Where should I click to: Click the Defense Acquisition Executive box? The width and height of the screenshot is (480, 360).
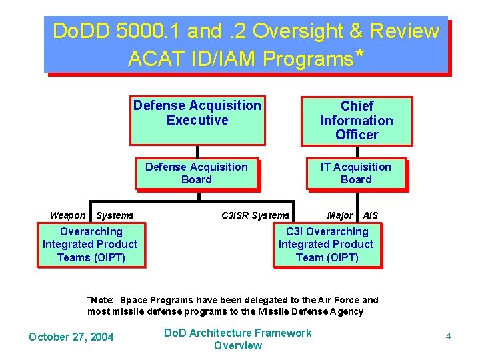pyautogui.click(x=197, y=119)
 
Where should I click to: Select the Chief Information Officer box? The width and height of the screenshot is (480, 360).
pyautogui.click(x=356, y=121)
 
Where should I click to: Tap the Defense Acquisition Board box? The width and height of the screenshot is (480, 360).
pyautogui.click(x=197, y=173)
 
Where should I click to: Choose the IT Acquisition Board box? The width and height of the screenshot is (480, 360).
pyautogui.click(x=356, y=173)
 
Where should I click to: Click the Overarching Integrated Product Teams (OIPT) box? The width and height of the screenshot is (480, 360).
pyautogui.click(x=91, y=245)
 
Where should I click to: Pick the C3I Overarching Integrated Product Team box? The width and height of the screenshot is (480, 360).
pyautogui.click(x=327, y=245)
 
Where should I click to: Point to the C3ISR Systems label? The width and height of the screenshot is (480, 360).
pyautogui.click(x=255, y=215)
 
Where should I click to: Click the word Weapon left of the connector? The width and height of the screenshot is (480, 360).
pyautogui.click(x=67, y=215)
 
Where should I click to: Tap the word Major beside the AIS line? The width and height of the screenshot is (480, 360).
pyautogui.click(x=340, y=215)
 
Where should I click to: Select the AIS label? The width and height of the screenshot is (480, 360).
pyautogui.click(x=370, y=215)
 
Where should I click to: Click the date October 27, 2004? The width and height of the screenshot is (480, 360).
pyautogui.click(x=71, y=337)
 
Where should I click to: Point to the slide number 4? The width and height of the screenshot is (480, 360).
pyautogui.click(x=448, y=337)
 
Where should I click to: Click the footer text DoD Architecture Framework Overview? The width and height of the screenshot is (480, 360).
pyautogui.click(x=238, y=339)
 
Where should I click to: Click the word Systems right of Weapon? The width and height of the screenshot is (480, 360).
pyautogui.click(x=115, y=215)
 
